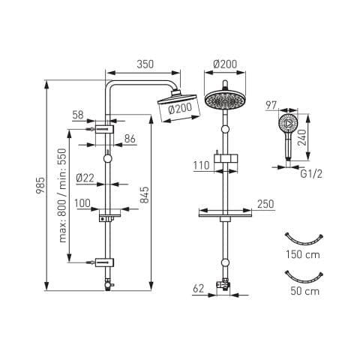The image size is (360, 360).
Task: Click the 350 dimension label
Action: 145,64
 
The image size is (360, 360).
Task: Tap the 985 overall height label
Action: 40,185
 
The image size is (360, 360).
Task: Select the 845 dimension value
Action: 145,195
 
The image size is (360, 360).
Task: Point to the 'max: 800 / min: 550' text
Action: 63,196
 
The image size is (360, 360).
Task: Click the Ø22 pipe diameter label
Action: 85,178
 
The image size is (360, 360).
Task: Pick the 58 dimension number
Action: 78,115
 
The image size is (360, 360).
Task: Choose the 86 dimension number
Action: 130,139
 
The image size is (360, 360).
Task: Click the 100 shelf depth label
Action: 82,203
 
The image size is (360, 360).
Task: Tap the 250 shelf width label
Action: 265,204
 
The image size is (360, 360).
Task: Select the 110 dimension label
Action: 201,165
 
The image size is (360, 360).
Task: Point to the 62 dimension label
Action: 199,289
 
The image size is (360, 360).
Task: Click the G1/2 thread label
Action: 311,174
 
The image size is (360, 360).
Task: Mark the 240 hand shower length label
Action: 302,137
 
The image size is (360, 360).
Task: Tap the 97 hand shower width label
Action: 271,105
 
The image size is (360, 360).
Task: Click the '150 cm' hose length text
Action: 303,255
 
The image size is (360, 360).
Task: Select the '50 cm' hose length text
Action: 305,291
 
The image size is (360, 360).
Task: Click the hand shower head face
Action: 288,124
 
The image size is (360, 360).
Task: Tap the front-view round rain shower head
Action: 225,100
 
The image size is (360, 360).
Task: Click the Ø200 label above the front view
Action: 225,64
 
